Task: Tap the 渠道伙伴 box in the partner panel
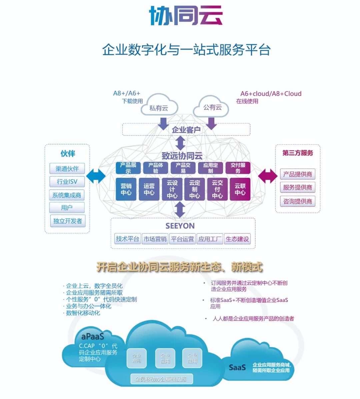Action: click(67, 168)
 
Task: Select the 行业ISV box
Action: click(67, 181)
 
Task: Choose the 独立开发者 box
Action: click(67, 221)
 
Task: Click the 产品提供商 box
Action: click(297, 174)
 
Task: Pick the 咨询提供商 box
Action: click(297, 201)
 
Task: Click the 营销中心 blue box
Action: click(126, 189)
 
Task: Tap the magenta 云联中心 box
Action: click(240, 189)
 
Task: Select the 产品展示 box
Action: click(128, 168)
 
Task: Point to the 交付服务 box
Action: click(238, 168)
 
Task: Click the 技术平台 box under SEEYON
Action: click(127, 239)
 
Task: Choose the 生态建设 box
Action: click(237, 239)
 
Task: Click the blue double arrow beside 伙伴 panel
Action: click(96, 176)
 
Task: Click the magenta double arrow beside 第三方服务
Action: click(267, 176)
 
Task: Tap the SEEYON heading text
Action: click(180, 226)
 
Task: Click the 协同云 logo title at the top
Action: click(186, 16)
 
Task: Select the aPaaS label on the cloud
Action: click(92, 336)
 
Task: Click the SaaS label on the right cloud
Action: click(237, 367)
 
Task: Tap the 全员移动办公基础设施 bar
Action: click(161, 379)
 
